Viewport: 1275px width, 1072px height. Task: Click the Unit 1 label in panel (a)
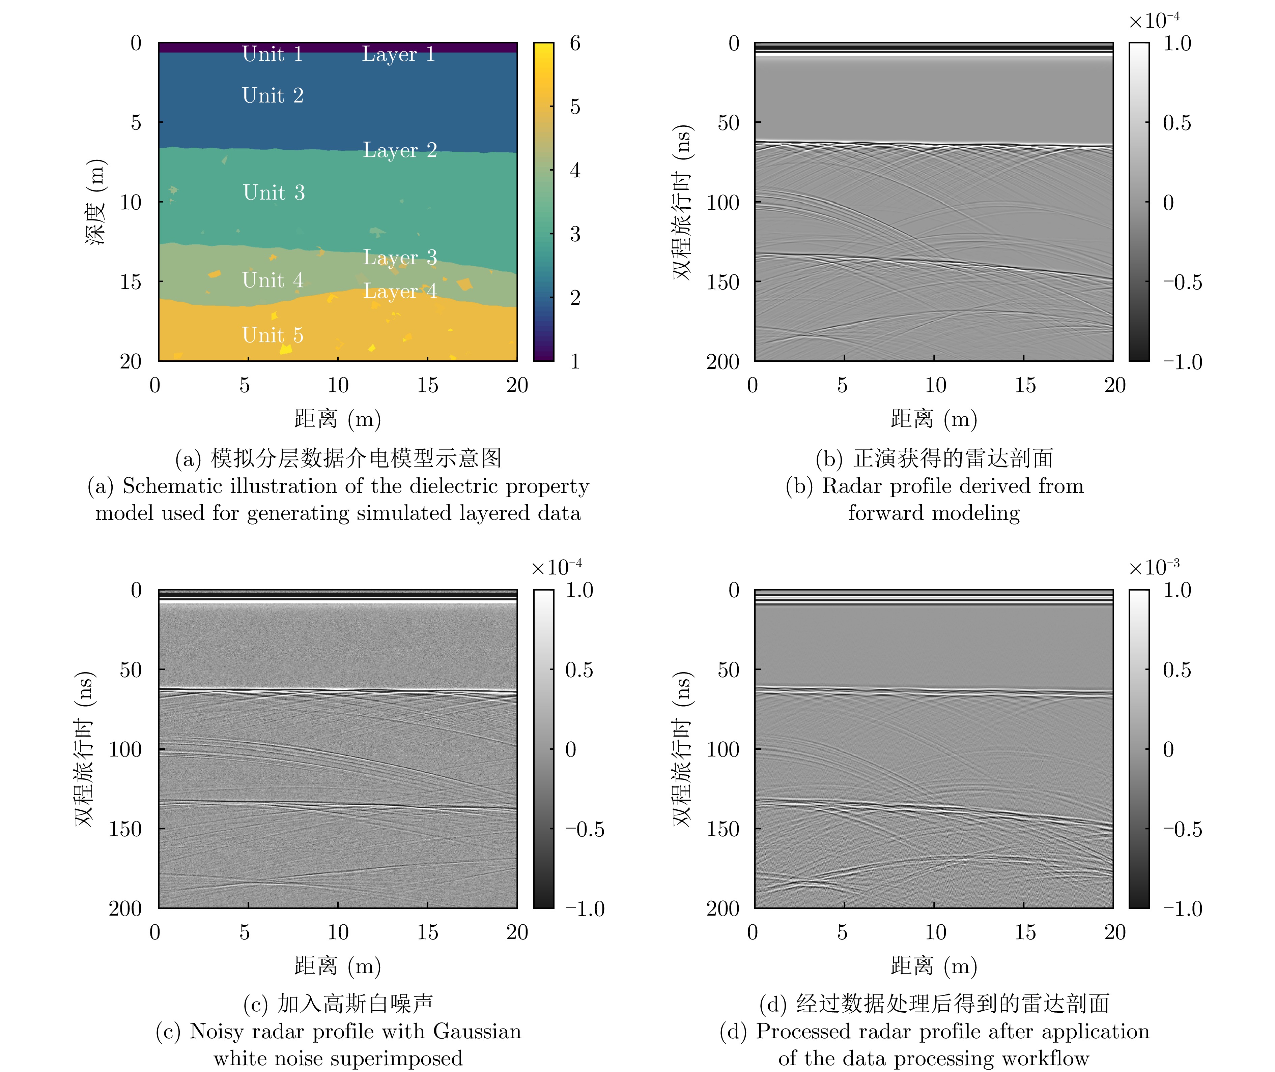[x=273, y=54]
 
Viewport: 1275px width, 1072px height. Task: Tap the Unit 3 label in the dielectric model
[x=274, y=192]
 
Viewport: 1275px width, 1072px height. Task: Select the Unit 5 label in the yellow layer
[x=273, y=335]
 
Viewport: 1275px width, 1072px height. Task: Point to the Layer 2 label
[x=399, y=150]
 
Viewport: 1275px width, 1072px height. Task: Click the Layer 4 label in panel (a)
[x=399, y=291]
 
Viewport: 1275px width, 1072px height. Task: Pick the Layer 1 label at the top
[x=398, y=54]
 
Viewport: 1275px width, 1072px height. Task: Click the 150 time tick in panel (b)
[x=722, y=282]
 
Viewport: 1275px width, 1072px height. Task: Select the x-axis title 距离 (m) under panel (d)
[x=934, y=966]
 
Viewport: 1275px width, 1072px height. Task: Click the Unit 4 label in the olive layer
[x=273, y=280]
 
